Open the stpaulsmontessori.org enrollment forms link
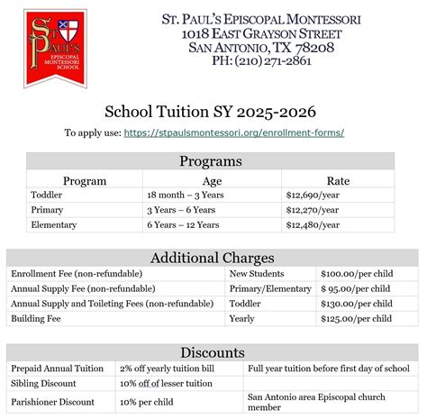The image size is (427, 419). tap(234, 132)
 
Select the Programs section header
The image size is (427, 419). tap(210, 161)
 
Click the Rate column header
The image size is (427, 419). tap(338, 180)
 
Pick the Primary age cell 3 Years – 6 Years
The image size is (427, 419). tap(181, 210)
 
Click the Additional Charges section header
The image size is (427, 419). tap(213, 258)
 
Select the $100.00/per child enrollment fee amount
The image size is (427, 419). tap(357, 273)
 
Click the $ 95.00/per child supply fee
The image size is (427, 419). tap(357, 288)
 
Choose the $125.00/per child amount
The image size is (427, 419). tap(357, 319)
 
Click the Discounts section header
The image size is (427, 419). tap(213, 352)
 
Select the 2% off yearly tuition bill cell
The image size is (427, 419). tap(171, 369)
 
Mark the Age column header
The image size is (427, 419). tap(213, 180)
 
